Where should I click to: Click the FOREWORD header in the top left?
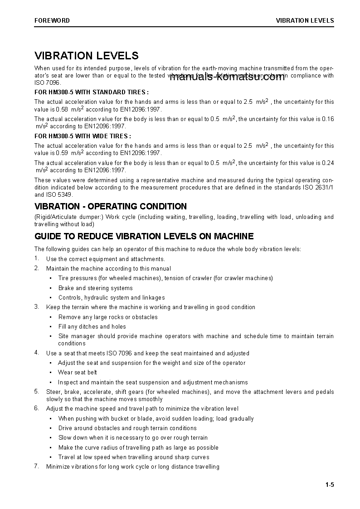coord(52,20)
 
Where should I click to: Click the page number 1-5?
coord(329,485)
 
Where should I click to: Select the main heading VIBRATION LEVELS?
coord(87,56)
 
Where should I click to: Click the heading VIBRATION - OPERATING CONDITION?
coord(111,206)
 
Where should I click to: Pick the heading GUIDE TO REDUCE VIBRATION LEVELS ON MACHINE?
coord(144,236)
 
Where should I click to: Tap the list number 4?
coord(37,353)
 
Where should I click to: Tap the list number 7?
coord(37,466)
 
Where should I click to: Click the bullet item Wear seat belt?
coord(78,373)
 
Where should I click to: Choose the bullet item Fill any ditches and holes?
coord(92,326)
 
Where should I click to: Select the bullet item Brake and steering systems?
coord(95,288)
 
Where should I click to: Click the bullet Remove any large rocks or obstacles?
coord(108,317)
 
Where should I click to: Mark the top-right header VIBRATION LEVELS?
coord(305,20)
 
